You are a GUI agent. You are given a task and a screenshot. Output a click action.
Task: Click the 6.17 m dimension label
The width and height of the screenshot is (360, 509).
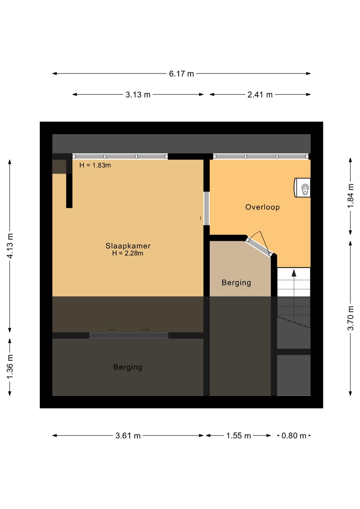click(181, 74)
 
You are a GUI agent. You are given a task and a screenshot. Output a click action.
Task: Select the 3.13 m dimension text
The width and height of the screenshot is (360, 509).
click(138, 94)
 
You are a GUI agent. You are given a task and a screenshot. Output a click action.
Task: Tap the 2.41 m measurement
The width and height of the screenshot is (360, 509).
click(260, 94)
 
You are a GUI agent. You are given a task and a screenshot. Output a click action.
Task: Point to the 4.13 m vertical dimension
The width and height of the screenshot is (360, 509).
click(10, 245)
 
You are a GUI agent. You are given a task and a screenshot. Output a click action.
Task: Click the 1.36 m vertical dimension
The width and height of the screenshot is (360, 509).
click(10, 367)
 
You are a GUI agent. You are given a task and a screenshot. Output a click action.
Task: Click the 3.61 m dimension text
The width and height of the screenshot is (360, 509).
click(128, 436)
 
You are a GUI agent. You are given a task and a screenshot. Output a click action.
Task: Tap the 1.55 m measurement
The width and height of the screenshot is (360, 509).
click(238, 436)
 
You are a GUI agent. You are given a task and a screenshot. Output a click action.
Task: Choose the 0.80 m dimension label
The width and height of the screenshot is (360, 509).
click(294, 436)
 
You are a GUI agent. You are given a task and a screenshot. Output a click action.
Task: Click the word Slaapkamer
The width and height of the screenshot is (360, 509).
click(128, 246)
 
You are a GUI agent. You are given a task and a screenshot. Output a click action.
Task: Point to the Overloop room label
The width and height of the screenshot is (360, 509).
click(262, 207)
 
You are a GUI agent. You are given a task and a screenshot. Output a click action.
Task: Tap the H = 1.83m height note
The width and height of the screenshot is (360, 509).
click(95, 165)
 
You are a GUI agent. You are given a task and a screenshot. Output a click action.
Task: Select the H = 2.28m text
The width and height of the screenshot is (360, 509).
click(128, 253)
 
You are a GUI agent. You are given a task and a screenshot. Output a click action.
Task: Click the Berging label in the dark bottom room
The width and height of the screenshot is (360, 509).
click(128, 368)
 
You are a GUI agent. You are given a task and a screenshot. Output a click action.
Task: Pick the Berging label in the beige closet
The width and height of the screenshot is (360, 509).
click(236, 283)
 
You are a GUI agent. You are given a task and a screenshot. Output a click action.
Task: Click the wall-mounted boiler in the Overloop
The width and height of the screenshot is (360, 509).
click(302, 188)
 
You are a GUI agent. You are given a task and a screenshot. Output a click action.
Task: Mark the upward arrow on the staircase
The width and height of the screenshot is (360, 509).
click(294, 296)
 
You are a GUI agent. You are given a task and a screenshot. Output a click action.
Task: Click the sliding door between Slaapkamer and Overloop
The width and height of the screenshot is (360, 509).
click(206, 208)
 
